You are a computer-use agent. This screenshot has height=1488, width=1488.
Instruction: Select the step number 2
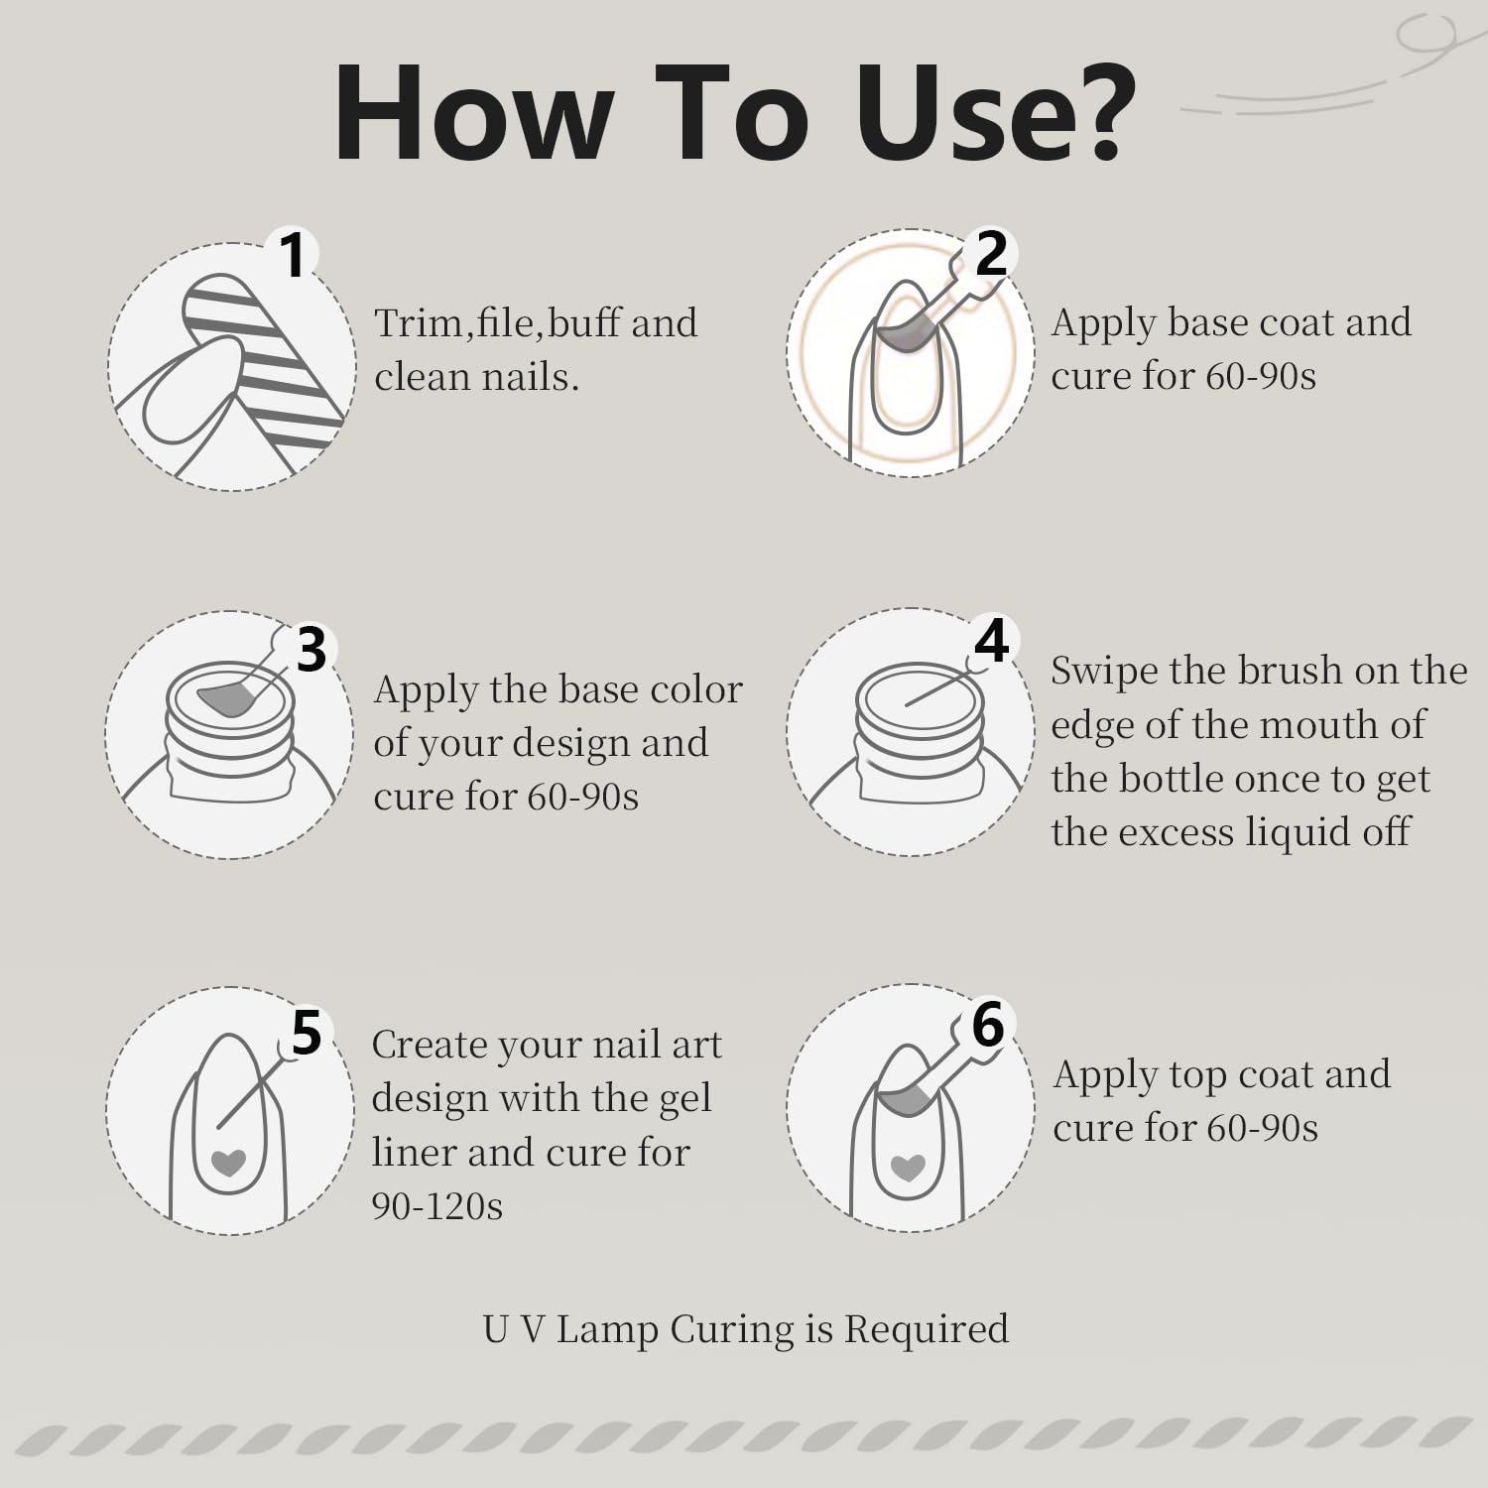(x=991, y=254)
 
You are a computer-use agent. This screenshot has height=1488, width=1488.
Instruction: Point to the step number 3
(x=310, y=650)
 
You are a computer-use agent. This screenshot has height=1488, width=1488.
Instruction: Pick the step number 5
(x=307, y=1033)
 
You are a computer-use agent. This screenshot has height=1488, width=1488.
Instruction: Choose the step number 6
(x=988, y=1024)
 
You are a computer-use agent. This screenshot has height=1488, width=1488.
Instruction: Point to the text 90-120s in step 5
(x=437, y=1205)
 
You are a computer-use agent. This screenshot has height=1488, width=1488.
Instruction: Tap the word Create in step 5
(x=427, y=1045)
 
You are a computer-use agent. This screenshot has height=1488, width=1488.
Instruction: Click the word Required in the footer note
(x=926, y=1329)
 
